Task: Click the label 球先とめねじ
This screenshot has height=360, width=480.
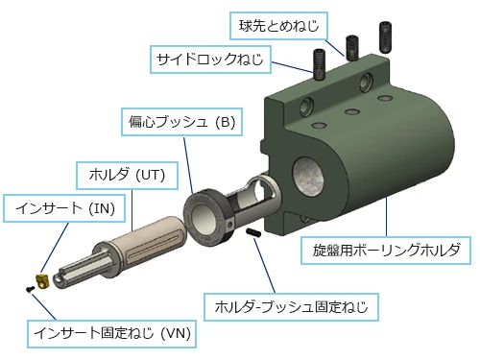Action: tap(278, 26)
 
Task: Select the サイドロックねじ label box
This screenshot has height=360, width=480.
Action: tap(210, 60)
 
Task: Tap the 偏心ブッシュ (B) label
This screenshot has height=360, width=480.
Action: tap(181, 122)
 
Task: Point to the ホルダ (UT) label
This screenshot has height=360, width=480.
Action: tap(127, 176)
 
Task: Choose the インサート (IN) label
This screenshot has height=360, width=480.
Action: tap(64, 208)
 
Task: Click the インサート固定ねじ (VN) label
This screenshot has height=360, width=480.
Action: tap(111, 333)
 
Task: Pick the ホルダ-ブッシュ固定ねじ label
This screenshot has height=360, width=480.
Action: tap(291, 307)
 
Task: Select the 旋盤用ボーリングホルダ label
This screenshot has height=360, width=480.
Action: tap(386, 251)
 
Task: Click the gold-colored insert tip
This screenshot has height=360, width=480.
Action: tap(42, 281)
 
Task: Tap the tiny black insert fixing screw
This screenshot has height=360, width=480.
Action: tap(30, 289)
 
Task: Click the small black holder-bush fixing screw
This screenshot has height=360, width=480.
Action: tap(253, 232)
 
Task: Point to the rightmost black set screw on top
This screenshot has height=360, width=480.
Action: tap(385, 37)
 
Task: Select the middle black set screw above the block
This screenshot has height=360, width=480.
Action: tap(352, 48)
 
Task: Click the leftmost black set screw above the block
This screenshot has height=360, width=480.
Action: tap(320, 64)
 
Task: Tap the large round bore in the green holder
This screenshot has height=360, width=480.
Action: tap(308, 177)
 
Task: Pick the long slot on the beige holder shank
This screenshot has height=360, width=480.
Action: tap(153, 247)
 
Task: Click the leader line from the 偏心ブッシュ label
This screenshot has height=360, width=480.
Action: tap(188, 166)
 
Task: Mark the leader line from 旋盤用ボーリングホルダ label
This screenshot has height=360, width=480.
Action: tap(386, 215)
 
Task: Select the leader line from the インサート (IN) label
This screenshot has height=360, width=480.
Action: tap(55, 248)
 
